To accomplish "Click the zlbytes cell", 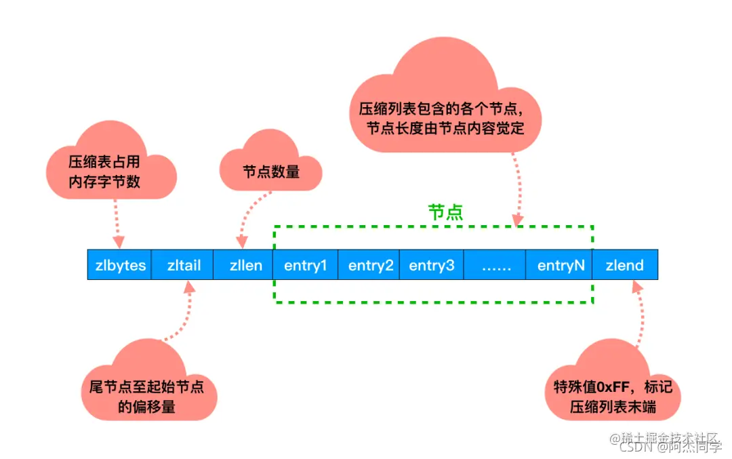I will (119, 265).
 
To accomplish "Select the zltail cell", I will (184, 265).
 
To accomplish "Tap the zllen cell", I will (245, 265).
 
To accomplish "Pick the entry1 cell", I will (305, 265).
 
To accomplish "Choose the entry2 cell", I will (370, 265).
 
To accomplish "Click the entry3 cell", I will (431, 265).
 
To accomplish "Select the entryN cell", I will (561, 265).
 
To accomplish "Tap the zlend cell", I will (624, 265).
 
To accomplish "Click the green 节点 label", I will (445, 212).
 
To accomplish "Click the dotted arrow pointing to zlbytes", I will (117, 222).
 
